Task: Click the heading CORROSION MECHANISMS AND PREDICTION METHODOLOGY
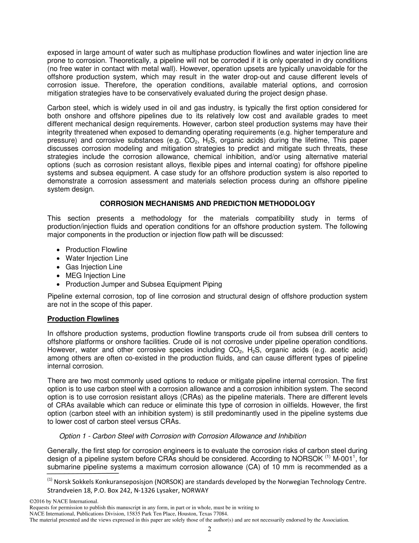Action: pos(207,204)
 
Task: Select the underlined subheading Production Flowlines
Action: pos(83,319)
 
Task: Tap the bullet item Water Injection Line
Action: pos(97,258)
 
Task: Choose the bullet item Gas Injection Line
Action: pos(94,267)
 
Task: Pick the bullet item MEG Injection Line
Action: pos(95,275)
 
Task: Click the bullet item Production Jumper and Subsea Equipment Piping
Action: pos(143,284)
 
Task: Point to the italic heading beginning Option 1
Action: pos(183,436)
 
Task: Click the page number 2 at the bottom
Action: pos(209,530)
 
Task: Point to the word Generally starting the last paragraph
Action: pos(63,450)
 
